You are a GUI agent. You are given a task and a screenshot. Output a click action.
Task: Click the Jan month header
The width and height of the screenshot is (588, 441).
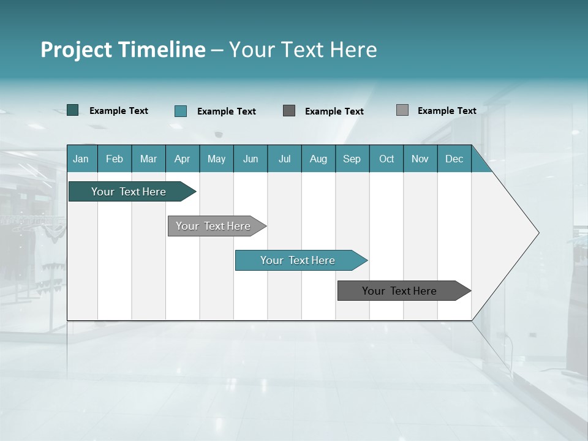[81, 159]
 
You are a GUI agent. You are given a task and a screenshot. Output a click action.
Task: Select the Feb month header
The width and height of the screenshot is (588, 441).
[115, 159]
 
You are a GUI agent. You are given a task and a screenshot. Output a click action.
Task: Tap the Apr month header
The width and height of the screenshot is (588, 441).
[182, 159]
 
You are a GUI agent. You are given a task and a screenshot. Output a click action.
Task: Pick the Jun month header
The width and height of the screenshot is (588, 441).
[251, 159]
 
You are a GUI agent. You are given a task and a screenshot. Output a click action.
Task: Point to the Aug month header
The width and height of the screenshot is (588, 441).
[318, 159]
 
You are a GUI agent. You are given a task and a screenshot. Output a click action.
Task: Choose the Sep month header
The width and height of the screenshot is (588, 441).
[352, 159]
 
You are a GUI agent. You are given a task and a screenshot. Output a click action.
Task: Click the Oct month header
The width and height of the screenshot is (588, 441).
[386, 159]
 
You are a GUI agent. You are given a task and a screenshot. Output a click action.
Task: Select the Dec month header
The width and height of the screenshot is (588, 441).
[454, 159]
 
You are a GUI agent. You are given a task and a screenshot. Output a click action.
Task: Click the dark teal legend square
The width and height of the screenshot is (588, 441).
[72, 110]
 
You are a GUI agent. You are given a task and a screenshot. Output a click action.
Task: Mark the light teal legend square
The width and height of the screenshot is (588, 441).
[181, 111]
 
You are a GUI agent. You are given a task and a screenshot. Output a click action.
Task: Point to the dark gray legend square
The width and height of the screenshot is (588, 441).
[289, 111]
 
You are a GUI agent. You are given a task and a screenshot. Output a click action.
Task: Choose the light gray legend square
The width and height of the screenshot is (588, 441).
[402, 110]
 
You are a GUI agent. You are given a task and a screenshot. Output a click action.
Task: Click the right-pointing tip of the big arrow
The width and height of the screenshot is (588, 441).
[536, 233]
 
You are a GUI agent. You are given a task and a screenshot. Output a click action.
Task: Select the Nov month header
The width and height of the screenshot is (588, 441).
[420, 159]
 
